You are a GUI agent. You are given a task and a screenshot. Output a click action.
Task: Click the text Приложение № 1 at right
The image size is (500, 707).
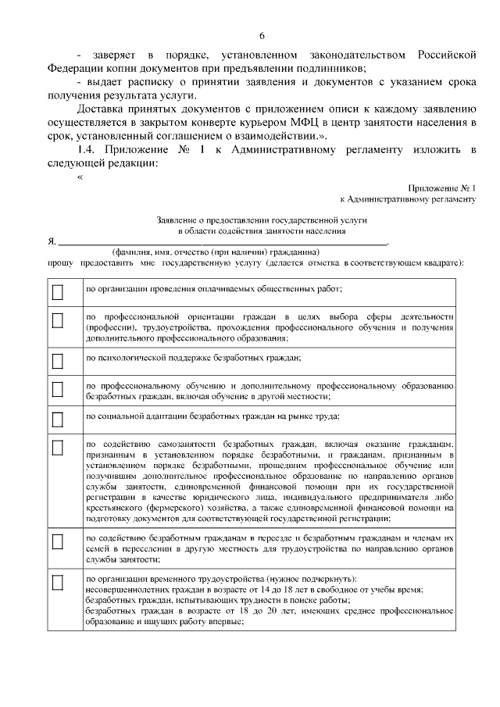[441, 188]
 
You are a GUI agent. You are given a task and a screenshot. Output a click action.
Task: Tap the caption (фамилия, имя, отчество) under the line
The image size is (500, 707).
[215, 252]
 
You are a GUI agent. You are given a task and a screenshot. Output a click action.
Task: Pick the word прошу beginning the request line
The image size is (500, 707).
[59, 264]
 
